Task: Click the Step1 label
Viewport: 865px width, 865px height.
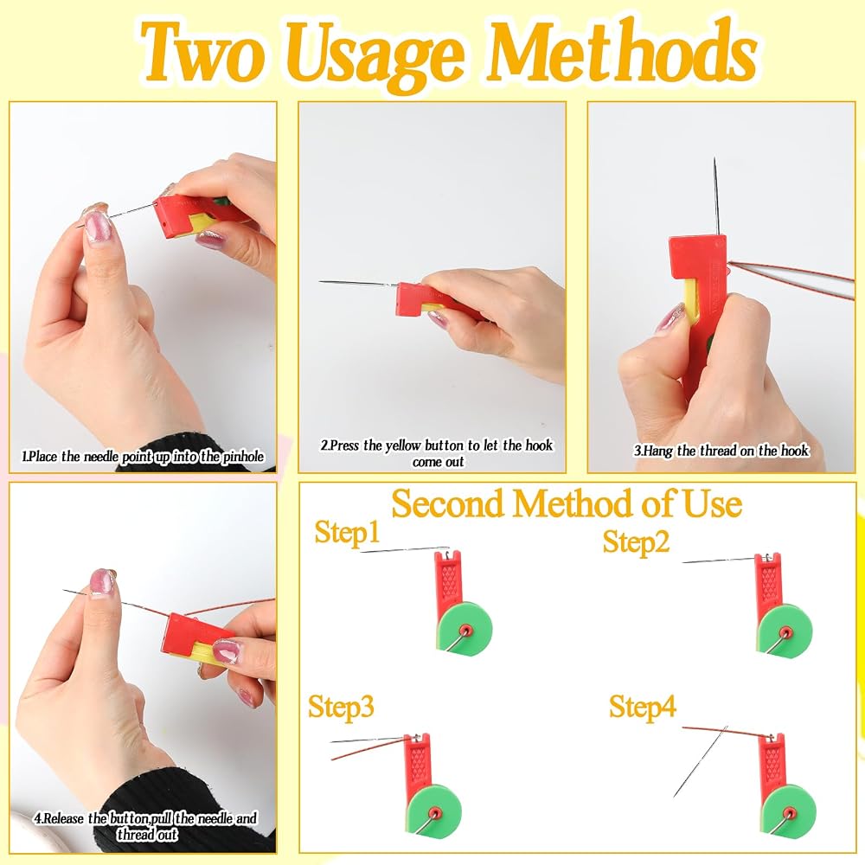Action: click(x=348, y=532)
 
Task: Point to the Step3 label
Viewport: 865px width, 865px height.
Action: click(x=341, y=706)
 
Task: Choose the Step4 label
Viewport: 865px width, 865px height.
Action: click(x=642, y=706)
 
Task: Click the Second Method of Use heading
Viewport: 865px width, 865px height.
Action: click(x=567, y=503)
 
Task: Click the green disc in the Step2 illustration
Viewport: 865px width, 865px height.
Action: click(x=785, y=630)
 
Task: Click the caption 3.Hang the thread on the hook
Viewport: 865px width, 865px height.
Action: click(x=721, y=451)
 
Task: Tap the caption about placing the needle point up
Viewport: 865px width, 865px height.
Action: click(x=143, y=456)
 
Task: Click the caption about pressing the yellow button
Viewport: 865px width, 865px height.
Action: click(x=437, y=453)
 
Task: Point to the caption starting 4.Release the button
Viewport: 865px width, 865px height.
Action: click(x=145, y=826)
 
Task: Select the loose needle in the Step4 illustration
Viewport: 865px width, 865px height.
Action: click(x=701, y=761)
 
